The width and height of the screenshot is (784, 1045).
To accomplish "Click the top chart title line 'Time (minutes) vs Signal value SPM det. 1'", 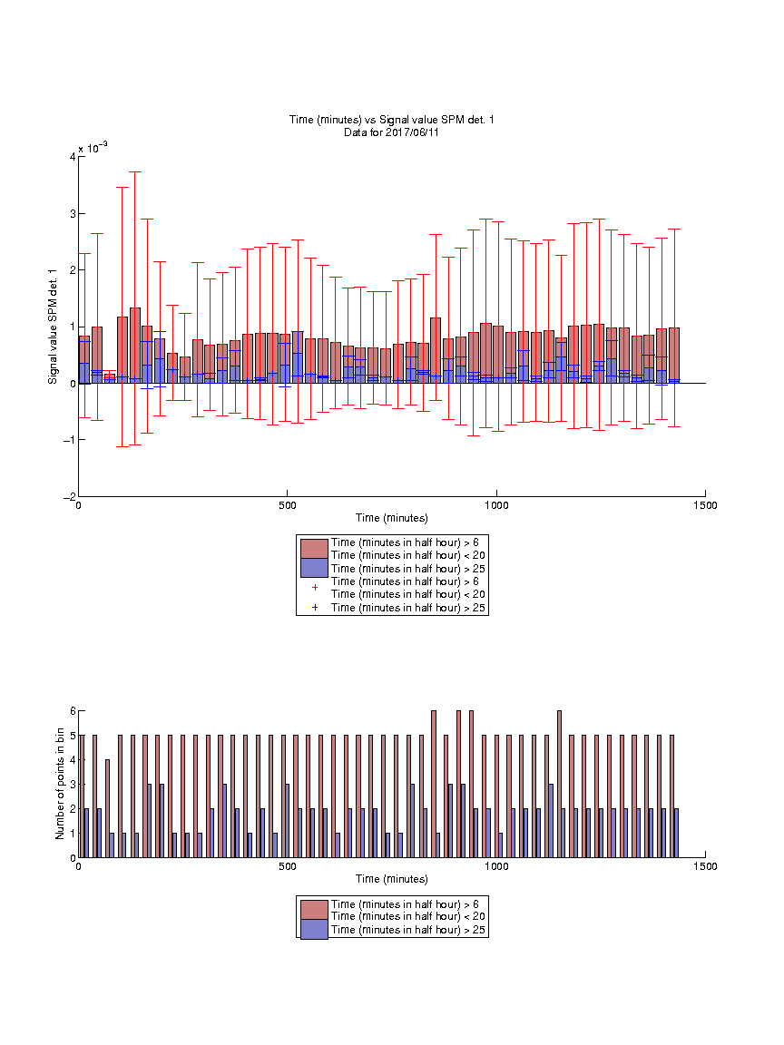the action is coord(391,120).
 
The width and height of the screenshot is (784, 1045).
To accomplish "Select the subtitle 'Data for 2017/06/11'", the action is coord(391,132).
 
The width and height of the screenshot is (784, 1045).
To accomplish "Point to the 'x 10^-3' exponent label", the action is coord(93,147).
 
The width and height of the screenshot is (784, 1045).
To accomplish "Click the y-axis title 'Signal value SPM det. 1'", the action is coord(53,327).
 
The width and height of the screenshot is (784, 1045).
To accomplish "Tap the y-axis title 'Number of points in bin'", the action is coord(60,784).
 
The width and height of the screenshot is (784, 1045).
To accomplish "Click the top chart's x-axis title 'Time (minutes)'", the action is coord(391,518).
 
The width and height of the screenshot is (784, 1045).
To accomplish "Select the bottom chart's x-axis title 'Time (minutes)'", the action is coord(391,879).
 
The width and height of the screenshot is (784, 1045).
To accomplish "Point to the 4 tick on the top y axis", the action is coord(73,157).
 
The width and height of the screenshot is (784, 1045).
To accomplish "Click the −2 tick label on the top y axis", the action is coord(69,496).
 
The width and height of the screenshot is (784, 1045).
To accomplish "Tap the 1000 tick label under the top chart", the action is coord(496,505).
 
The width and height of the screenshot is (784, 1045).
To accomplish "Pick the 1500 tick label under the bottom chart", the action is coord(705,866).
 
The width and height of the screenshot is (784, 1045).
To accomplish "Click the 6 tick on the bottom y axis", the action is coord(73,711).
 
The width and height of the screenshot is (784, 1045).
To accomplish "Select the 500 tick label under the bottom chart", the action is coord(288,866).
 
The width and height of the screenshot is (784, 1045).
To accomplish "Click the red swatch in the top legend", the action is coord(314,549).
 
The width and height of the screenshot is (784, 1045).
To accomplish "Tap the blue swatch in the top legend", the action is coord(314,568).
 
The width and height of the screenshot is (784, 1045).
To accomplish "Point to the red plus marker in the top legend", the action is coord(315,588).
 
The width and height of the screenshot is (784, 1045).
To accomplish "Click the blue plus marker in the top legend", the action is coord(315,607).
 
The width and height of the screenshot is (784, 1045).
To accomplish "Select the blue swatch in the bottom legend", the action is coord(314,930).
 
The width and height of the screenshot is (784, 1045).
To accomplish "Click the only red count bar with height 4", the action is coord(107,808).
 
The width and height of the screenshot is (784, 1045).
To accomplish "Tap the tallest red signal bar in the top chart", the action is coord(134,346).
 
